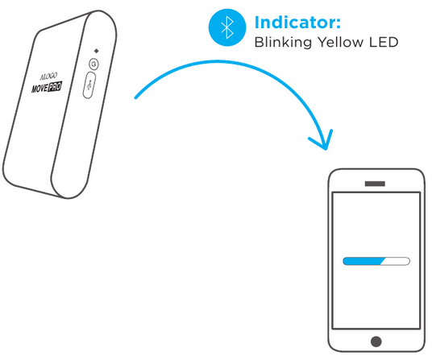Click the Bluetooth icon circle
(227, 27)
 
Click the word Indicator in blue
(294, 23)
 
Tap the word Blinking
(283, 43)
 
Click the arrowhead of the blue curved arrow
(325, 142)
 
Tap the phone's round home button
(376, 341)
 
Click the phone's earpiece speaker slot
(375, 184)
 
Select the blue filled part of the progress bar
(363, 261)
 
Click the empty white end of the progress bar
(396, 261)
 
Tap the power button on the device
(94, 64)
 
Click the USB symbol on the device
(89, 85)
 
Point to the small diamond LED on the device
(96, 51)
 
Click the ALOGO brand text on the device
(49, 77)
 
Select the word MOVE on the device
(40, 89)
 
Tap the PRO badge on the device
(55, 87)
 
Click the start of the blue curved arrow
(135, 97)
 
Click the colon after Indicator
(339, 24)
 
